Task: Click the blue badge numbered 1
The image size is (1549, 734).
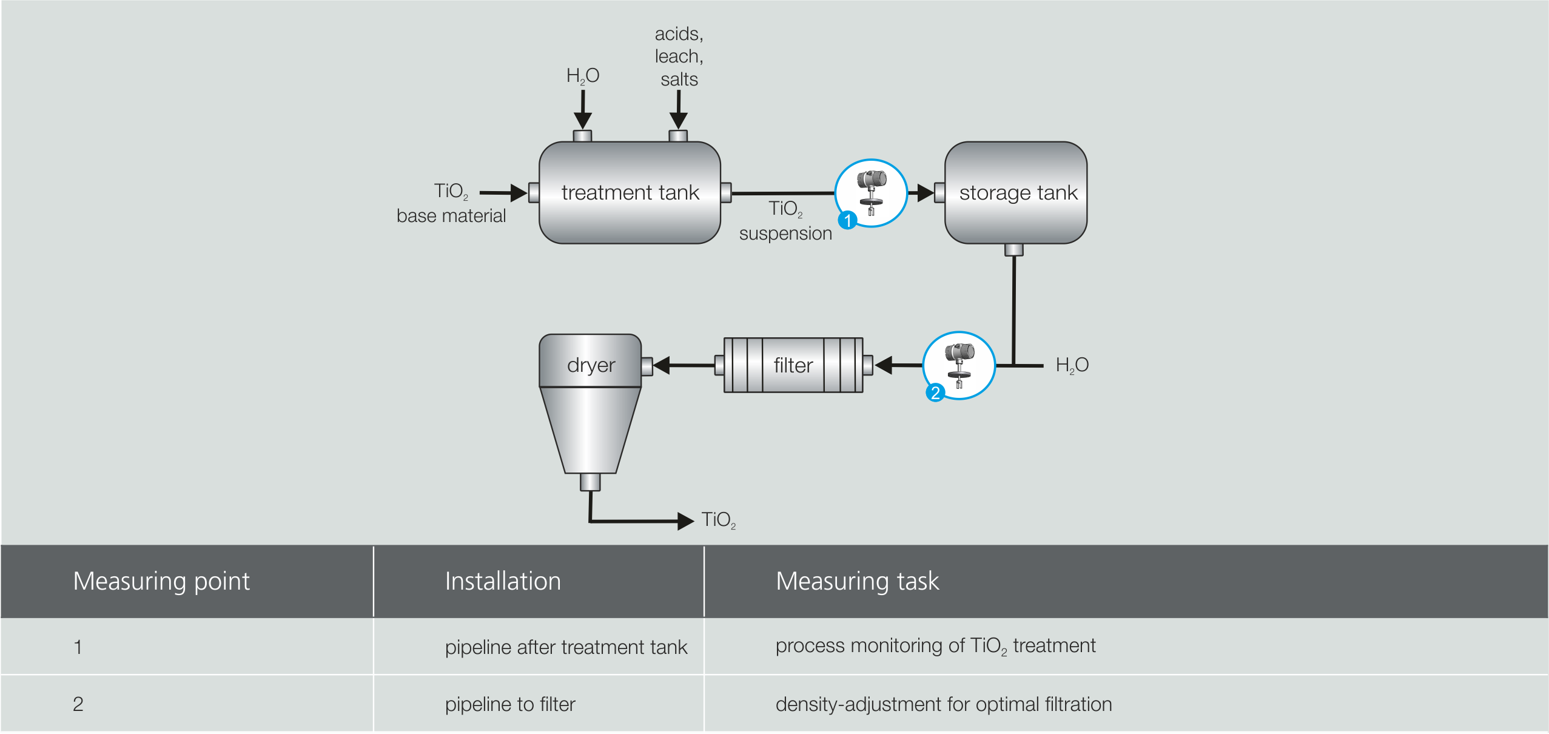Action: pos(848,220)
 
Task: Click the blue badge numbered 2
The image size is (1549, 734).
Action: pos(935,393)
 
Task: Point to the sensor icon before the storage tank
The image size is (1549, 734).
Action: pos(872,193)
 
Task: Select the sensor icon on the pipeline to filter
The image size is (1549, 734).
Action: pos(959,365)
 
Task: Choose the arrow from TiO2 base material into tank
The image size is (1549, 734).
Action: pos(503,193)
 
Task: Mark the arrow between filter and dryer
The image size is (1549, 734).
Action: pos(683,365)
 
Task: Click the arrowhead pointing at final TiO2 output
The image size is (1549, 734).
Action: pos(685,520)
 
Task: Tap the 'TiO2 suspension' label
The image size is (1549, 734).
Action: pos(785,221)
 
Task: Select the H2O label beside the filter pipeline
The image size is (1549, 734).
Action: pos(1072,365)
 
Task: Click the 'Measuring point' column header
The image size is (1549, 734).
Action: pos(161,581)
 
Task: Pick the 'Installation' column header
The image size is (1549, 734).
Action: pos(503,581)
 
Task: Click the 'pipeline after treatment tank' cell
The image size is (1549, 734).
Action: pos(566,647)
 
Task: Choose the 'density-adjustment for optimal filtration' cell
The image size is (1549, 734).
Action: pos(943,704)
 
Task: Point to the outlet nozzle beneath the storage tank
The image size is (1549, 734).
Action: pos(1014,250)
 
